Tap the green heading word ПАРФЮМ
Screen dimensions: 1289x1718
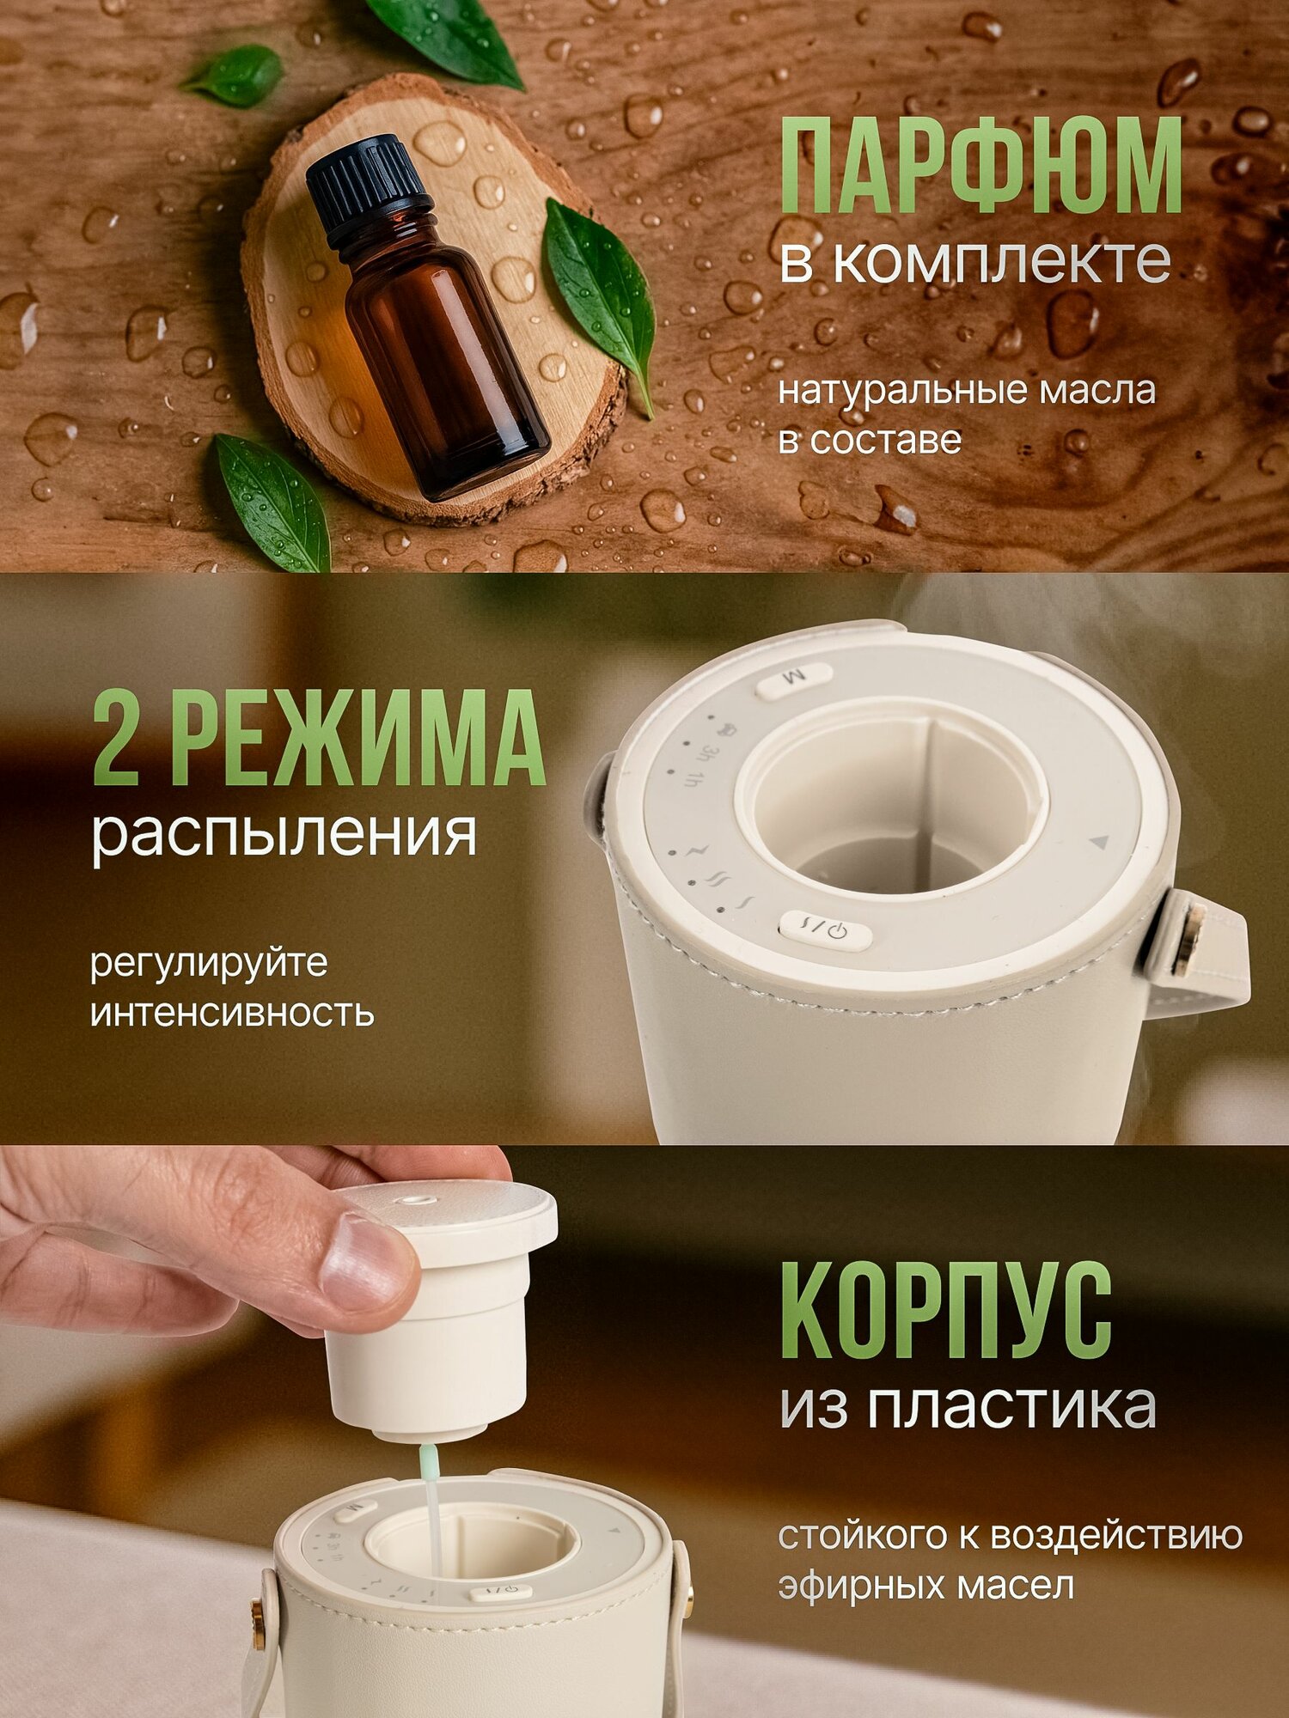tap(980, 165)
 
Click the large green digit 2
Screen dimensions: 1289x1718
tap(116, 737)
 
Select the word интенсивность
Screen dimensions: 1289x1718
tap(232, 1014)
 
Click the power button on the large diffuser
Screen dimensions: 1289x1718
tap(825, 930)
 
